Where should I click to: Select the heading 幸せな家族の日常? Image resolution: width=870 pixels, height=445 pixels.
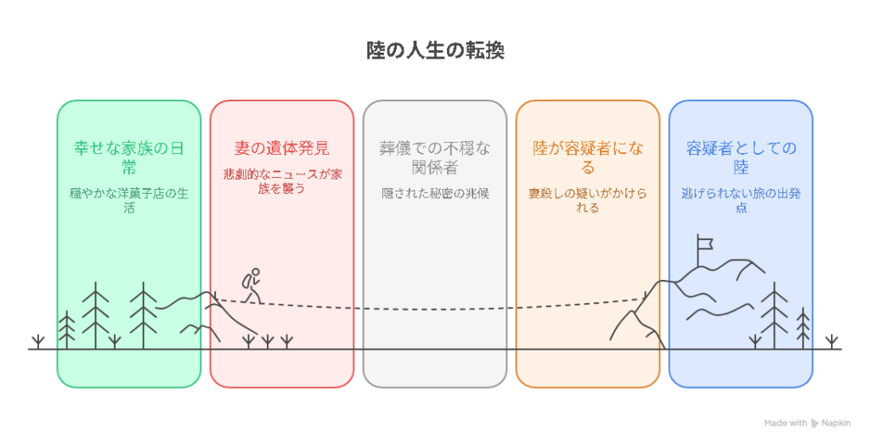coord(128,157)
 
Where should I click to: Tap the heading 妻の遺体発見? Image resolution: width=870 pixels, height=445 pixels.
coord(281,148)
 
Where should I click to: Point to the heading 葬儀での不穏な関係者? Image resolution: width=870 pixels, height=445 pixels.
coord(434,157)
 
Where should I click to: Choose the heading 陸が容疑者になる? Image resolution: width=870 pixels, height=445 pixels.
coord(587,157)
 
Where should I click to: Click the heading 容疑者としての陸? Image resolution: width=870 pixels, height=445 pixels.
coord(740,157)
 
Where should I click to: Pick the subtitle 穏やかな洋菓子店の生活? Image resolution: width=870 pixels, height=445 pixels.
coord(128,200)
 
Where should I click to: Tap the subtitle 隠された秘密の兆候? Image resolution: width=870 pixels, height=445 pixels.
coord(434,193)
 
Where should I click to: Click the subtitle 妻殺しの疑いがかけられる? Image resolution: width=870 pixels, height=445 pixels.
coord(587,200)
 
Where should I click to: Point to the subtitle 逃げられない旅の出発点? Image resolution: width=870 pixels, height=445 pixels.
coord(740,200)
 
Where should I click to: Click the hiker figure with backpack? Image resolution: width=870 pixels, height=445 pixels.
coord(250,285)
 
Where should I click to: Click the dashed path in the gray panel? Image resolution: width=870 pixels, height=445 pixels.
coord(434,308)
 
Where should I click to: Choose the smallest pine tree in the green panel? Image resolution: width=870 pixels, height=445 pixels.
coord(67,330)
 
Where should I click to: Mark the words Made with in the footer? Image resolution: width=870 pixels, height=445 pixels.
coord(785,423)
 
